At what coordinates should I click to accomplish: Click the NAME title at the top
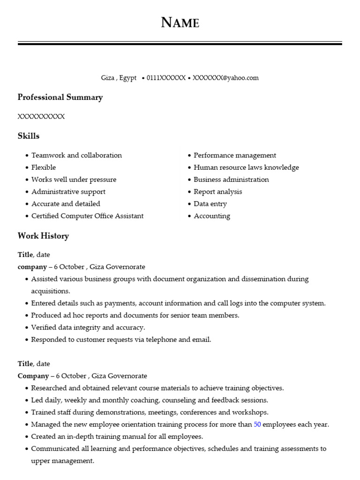[x=180, y=22]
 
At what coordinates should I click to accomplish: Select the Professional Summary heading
[x=60, y=97]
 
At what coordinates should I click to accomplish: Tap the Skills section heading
[x=29, y=136]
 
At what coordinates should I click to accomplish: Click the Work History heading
[x=43, y=236]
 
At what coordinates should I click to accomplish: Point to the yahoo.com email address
[x=225, y=78]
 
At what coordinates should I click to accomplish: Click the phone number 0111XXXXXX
[x=166, y=78]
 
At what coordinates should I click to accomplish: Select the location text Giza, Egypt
[x=119, y=78]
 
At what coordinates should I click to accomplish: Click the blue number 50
[x=257, y=425]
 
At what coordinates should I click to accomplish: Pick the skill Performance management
[x=235, y=155]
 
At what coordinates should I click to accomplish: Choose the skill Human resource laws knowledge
[x=246, y=167]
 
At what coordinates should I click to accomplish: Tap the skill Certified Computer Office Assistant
[x=87, y=216]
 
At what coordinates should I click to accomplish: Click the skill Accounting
[x=212, y=216]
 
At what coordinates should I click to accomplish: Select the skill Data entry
[x=210, y=204]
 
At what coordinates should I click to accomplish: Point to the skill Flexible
[x=44, y=167]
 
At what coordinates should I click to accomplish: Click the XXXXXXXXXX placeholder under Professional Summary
[x=41, y=117]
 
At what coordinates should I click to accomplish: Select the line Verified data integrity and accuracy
[x=88, y=328]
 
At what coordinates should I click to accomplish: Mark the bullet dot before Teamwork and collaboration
[x=27, y=156]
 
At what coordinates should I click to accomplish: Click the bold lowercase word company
[x=32, y=267]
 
